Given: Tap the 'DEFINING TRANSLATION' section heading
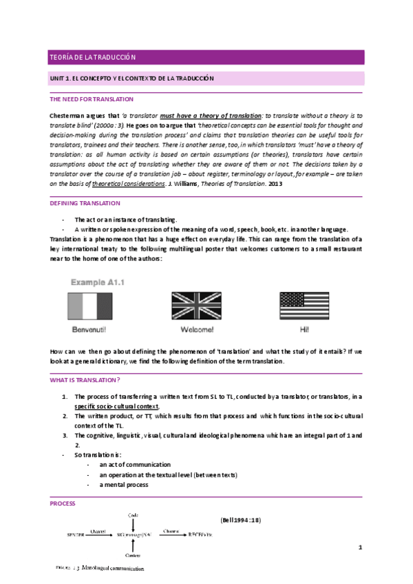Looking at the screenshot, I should [85, 203].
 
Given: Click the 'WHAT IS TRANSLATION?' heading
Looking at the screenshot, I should [85, 379].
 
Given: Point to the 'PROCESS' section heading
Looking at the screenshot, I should [63, 503].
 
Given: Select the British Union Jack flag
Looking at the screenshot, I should [195, 306].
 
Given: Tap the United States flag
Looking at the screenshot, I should [304, 306].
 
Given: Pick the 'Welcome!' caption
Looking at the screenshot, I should [195, 329].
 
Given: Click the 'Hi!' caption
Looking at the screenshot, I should [304, 329].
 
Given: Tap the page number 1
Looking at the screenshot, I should [359, 547].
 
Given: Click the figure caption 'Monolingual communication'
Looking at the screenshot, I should [113, 569].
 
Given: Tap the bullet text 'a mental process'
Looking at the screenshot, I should [123, 484].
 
